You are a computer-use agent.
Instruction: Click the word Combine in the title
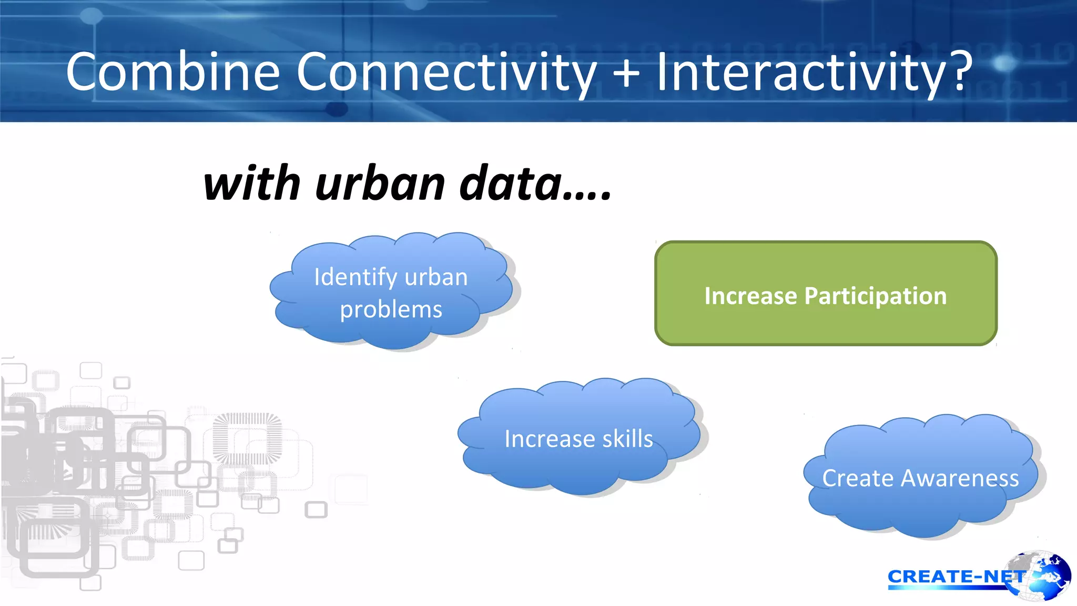tap(172, 72)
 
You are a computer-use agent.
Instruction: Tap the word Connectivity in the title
tap(446, 72)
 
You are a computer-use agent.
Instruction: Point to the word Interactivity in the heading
tap(801, 72)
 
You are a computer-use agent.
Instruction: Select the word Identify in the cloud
tap(355, 277)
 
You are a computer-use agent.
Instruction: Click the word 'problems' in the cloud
tap(391, 309)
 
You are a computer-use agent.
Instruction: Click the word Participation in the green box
tap(876, 296)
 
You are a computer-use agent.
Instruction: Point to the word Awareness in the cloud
tap(960, 478)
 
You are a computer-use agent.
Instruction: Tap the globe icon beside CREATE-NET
tap(1044, 576)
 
